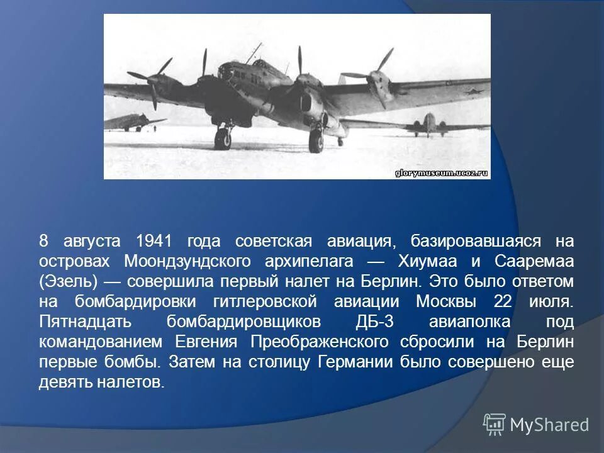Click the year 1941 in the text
tap(154, 241)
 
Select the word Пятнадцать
tap(85, 322)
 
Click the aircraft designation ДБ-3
tap(374, 322)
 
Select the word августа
tap(92, 241)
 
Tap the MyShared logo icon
tap(495, 425)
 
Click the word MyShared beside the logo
tap(549, 425)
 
